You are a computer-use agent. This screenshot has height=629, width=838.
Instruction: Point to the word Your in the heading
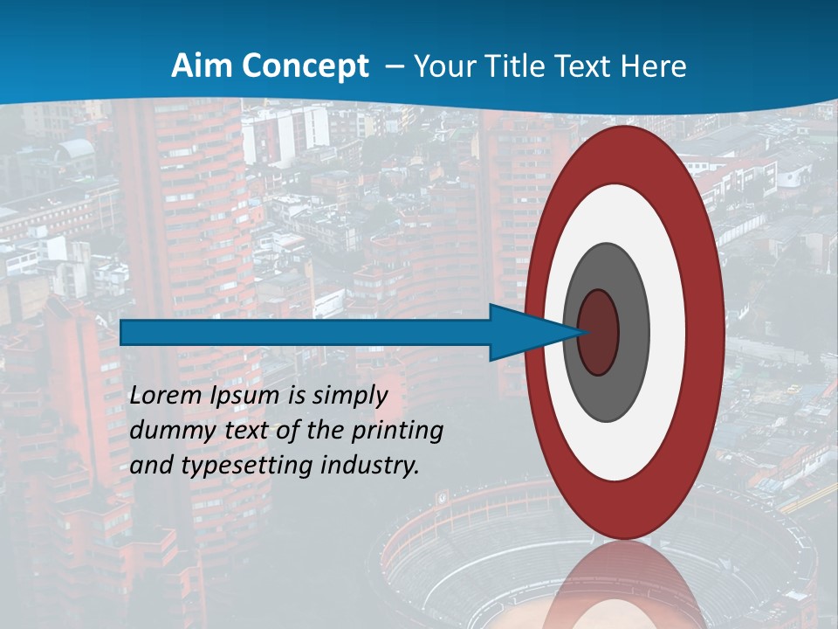pyautogui.click(x=441, y=66)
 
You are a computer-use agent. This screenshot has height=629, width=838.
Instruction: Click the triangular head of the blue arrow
pyautogui.click(x=524, y=333)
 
